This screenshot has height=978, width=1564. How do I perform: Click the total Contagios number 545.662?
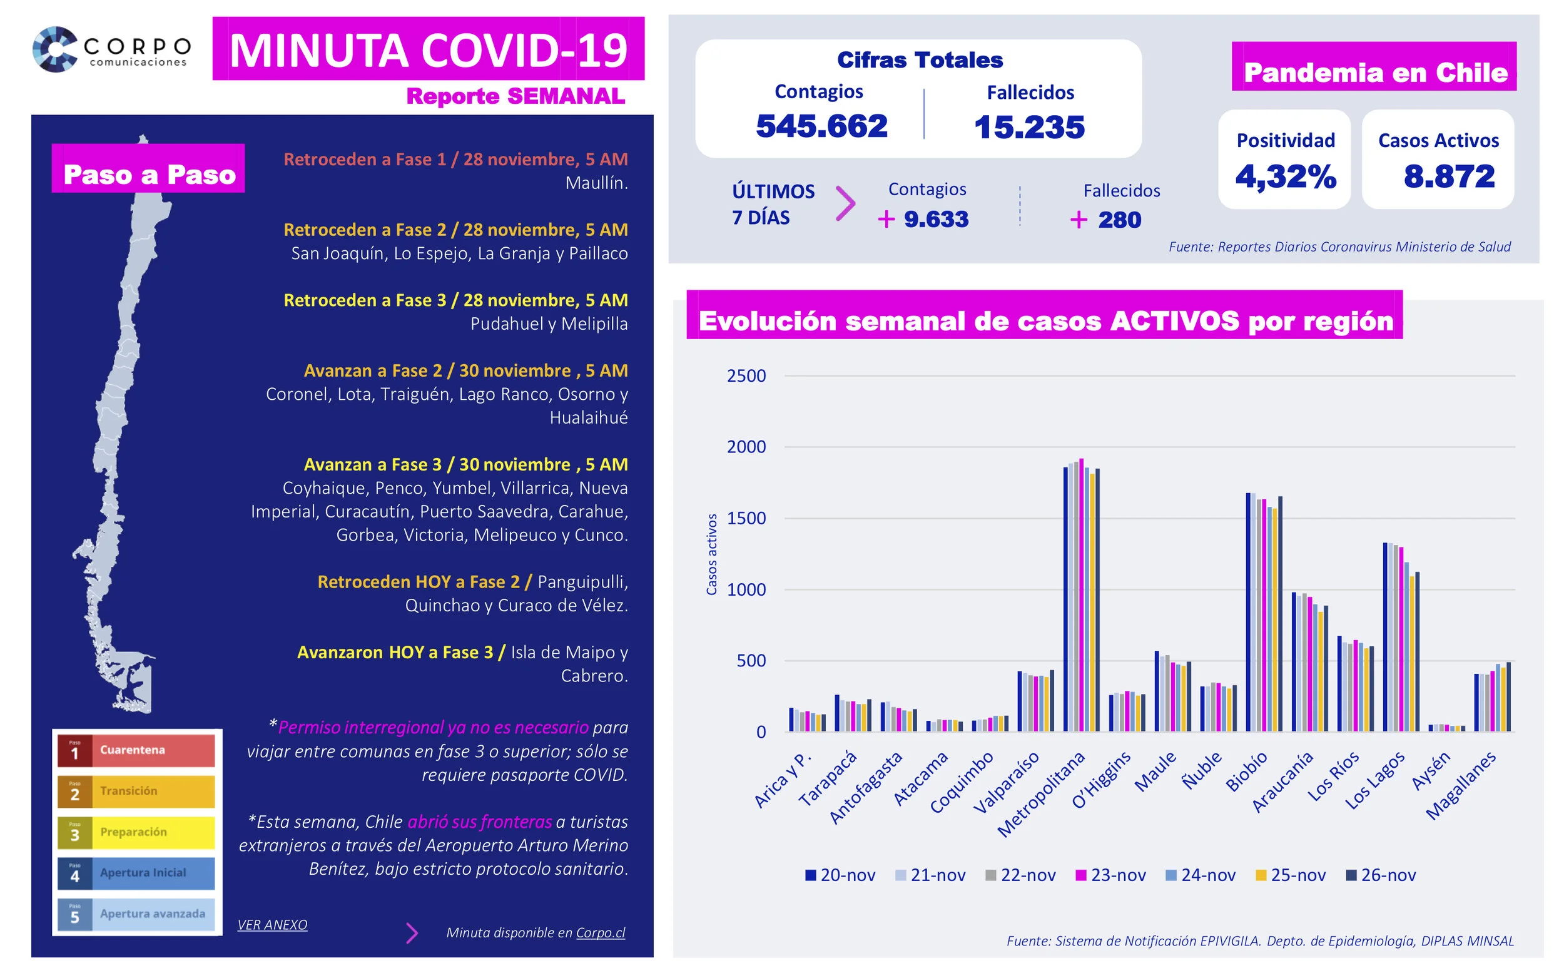coord(821,126)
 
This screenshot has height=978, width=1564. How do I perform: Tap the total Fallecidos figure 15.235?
coord(1029,127)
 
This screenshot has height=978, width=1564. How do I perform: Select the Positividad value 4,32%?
coord(1286,176)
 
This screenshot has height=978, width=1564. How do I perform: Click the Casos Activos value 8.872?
coord(1449,176)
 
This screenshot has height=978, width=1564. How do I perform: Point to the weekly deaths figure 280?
coord(1119,220)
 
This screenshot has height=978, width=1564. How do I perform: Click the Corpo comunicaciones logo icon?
coord(55,49)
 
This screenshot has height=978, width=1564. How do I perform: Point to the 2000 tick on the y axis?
coord(746,447)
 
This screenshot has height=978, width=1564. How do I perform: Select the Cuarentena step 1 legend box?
coord(136,750)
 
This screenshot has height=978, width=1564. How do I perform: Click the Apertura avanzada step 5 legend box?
coord(136,914)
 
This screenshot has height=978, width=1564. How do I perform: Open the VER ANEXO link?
coord(272,925)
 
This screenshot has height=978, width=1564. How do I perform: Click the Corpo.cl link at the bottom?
coord(601,933)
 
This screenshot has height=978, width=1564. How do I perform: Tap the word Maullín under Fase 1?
coord(596,183)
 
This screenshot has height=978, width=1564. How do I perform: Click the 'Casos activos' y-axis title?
coord(712,554)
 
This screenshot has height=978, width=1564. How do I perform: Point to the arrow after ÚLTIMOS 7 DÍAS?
coord(845,204)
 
